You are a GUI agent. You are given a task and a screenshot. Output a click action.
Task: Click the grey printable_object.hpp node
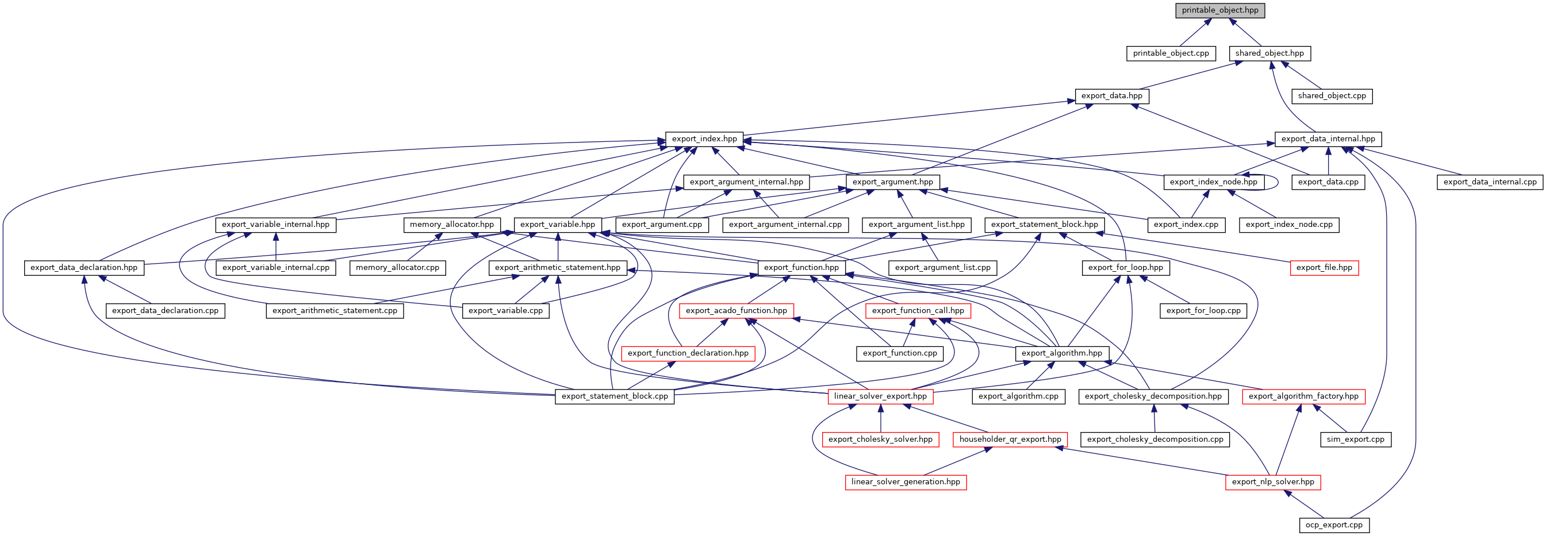1220,11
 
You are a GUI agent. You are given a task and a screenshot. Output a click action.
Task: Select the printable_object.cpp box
1171,53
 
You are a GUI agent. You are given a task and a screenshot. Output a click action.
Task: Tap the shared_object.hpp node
1269,53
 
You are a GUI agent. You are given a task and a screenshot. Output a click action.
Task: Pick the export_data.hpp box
1111,96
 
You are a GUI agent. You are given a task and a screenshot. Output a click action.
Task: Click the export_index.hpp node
704,139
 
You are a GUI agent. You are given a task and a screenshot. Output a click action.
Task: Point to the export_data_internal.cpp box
1490,182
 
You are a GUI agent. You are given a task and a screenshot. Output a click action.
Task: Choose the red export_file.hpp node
1324,268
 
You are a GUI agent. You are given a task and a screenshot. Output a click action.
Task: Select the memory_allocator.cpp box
397,268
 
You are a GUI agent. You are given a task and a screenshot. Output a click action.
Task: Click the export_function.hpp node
801,268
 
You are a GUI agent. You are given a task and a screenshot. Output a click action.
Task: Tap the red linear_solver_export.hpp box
880,396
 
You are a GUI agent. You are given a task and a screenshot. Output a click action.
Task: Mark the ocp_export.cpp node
1334,525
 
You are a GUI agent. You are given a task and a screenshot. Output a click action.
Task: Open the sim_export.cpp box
1356,439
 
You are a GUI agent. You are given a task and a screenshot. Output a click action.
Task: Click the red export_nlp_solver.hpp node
1273,482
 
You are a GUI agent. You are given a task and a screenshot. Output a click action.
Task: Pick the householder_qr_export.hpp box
1010,439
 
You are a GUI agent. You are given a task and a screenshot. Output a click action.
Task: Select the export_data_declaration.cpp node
165,311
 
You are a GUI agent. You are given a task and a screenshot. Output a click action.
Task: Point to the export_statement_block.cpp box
615,396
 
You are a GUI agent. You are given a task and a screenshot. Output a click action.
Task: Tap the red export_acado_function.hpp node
736,311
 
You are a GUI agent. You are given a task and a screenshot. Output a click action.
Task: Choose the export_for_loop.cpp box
1203,311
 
